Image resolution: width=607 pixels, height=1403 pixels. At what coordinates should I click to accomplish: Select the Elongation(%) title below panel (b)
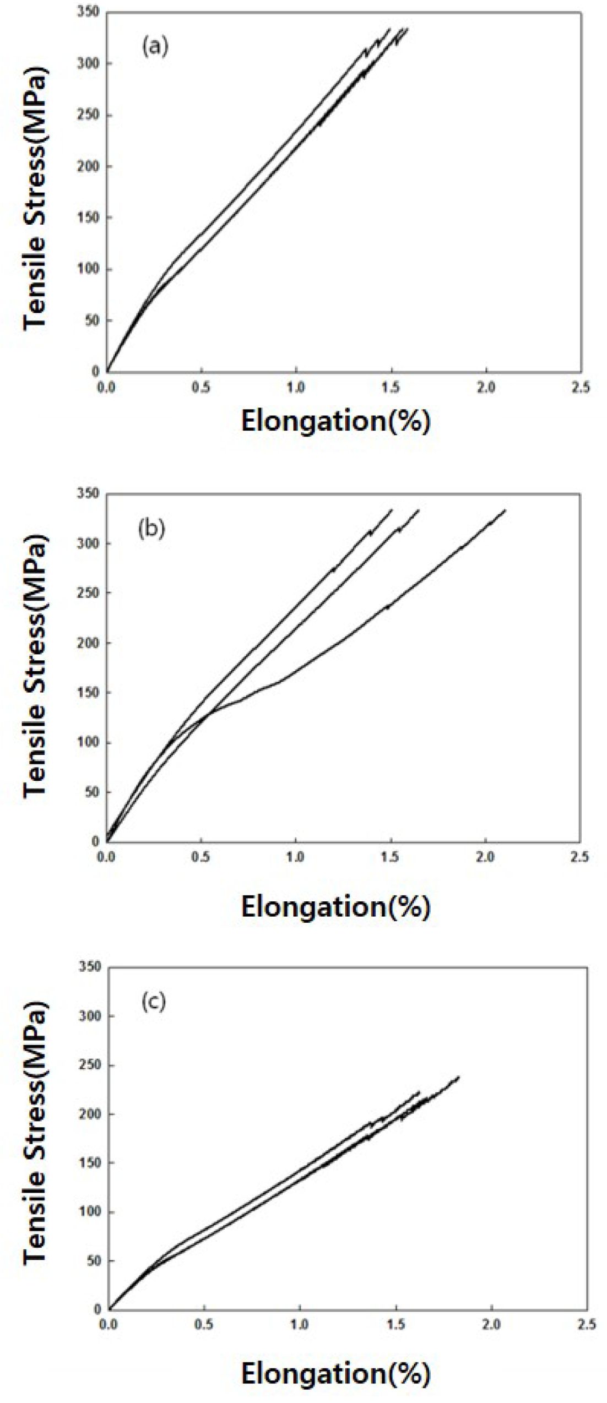click(335, 906)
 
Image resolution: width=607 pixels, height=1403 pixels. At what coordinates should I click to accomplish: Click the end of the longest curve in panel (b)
click(505, 510)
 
